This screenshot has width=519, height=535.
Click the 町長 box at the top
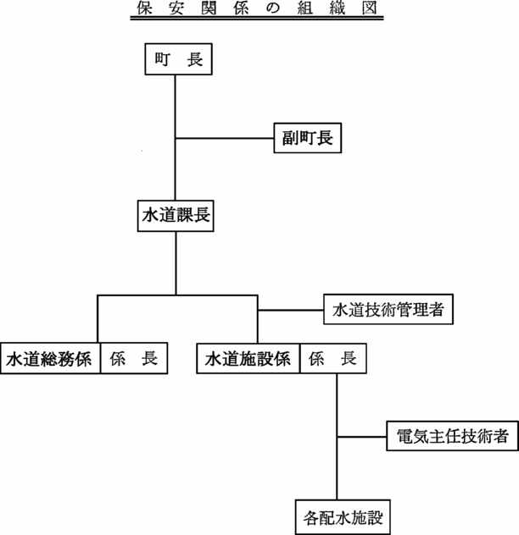click(178, 59)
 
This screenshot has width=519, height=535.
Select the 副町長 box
click(308, 138)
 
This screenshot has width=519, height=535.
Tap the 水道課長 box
click(176, 216)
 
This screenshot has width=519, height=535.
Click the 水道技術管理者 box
click(388, 309)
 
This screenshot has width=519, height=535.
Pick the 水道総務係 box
click(50, 358)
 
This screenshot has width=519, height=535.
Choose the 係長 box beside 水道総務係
click(134, 358)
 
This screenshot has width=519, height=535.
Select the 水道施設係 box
click(248, 358)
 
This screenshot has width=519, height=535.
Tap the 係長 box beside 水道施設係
click(333, 358)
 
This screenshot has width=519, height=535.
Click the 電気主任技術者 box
click(453, 436)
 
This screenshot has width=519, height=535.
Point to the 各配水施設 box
click(343, 517)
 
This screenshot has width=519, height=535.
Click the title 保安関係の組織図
click(257, 8)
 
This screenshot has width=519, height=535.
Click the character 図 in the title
click(370, 8)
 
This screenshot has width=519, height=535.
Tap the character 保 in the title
click(144, 8)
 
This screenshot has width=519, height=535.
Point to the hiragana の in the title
click(273, 8)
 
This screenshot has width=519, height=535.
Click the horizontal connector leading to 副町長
click(225, 138)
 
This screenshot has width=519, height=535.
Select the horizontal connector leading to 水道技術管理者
click(291, 310)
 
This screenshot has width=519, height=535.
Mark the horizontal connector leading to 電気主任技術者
click(362, 437)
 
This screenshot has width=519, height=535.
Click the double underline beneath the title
click(257, 18)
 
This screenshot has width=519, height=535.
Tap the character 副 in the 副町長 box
click(290, 138)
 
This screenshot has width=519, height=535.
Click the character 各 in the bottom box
click(311, 517)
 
